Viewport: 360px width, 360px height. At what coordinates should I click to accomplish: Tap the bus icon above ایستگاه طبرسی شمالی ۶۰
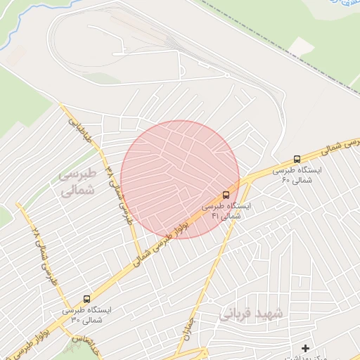click(x=298, y=160)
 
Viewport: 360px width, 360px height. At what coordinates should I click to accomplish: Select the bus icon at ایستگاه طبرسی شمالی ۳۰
click(x=87, y=298)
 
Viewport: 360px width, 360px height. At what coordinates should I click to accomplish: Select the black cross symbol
click(x=305, y=348)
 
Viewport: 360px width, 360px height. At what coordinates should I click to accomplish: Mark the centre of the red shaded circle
click(x=180, y=179)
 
